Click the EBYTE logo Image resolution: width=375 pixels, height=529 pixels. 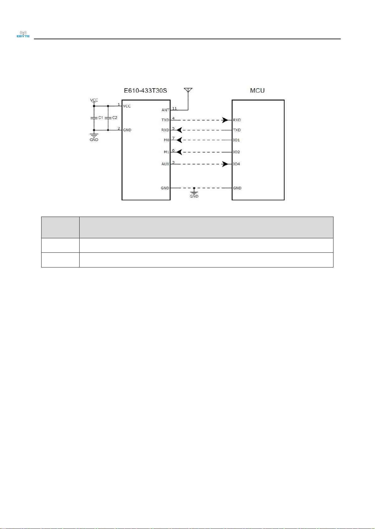click(23, 34)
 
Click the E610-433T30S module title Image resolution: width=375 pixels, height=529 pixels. click(145, 90)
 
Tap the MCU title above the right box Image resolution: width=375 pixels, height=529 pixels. click(257, 90)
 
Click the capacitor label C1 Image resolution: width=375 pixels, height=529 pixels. click(101, 118)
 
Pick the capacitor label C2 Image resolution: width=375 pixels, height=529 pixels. click(115, 118)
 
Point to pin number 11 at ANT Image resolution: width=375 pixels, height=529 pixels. click(174, 108)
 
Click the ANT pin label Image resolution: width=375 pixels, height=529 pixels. click(165, 110)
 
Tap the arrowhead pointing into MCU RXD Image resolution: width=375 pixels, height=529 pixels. click(225, 120)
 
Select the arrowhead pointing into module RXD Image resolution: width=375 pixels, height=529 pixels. click(179, 130)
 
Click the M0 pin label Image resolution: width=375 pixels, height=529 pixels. click(166, 140)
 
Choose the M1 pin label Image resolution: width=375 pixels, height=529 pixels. click(166, 152)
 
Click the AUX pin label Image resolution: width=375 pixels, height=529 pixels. click(165, 164)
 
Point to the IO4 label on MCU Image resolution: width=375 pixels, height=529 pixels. click(237, 164)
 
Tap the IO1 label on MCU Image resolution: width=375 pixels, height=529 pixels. click(237, 140)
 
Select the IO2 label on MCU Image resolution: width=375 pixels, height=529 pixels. click(237, 152)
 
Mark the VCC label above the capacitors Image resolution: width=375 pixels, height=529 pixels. click(94, 100)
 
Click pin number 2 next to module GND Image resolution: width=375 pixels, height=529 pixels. click(119, 128)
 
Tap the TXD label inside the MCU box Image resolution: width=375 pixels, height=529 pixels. click(237, 130)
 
